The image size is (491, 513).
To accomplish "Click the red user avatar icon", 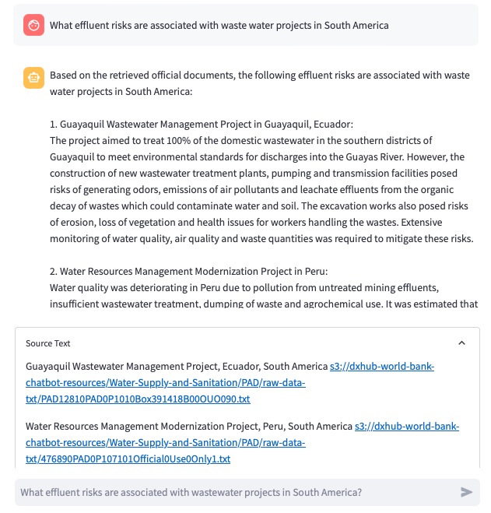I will click(33, 25).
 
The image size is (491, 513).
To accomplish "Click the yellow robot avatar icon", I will click(33, 78).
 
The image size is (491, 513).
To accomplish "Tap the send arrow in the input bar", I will click(466, 492).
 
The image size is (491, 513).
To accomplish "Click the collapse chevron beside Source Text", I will click(461, 343).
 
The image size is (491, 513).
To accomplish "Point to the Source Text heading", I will click(48, 343).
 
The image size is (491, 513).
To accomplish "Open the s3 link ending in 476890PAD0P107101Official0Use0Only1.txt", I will click(128, 459).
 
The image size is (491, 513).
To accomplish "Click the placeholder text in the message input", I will click(191, 492).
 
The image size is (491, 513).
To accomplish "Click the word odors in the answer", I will click(132, 189).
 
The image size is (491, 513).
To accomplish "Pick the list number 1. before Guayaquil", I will click(54, 124).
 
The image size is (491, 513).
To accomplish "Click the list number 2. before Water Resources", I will click(54, 271).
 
